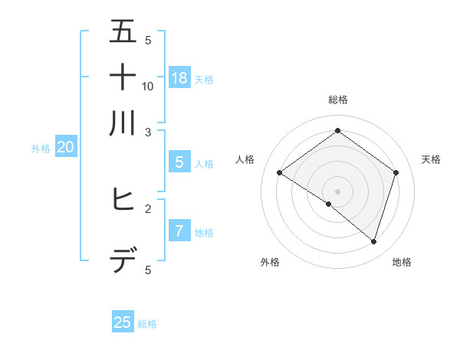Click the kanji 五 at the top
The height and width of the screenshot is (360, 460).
click(x=123, y=31)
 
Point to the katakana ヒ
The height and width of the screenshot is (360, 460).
click(x=123, y=200)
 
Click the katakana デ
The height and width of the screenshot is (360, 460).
click(x=123, y=263)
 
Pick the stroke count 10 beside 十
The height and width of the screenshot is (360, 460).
click(x=148, y=86)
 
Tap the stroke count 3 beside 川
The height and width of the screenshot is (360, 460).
click(x=148, y=133)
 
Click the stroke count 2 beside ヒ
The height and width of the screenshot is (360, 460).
click(x=148, y=208)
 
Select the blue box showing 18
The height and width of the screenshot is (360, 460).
click(x=179, y=77)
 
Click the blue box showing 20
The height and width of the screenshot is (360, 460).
click(x=65, y=148)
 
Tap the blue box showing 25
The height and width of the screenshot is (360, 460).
click(x=122, y=322)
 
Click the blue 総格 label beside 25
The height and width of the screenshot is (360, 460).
click(x=147, y=324)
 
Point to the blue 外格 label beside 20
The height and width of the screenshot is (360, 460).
click(x=41, y=149)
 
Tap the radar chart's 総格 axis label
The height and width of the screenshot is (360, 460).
click(x=337, y=100)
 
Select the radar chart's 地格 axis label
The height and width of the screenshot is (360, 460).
click(x=402, y=262)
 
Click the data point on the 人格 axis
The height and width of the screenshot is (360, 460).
click(x=279, y=173)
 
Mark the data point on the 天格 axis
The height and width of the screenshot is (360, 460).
click(x=396, y=173)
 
